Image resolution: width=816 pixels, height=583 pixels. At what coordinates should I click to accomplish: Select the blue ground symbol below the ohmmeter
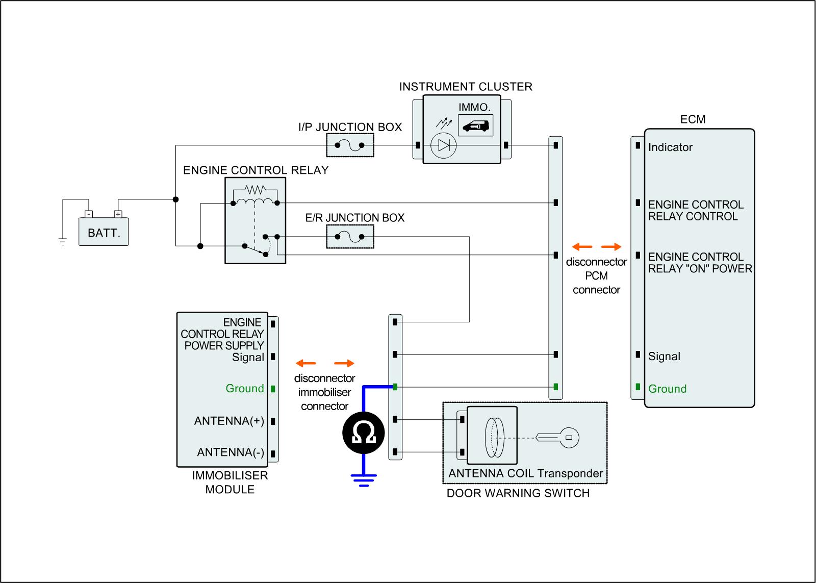tap(364, 480)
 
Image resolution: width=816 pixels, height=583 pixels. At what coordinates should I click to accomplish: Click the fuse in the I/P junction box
tap(349, 145)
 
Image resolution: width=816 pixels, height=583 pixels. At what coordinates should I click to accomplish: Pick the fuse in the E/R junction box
tap(349, 237)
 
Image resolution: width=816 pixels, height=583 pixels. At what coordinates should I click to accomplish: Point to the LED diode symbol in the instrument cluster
tap(443, 146)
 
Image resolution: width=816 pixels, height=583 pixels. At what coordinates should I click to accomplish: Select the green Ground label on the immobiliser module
tap(245, 389)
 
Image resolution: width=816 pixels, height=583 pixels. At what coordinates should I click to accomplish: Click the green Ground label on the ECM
tap(667, 389)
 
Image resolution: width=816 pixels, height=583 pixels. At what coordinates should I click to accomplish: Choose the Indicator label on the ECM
tap(670, 147)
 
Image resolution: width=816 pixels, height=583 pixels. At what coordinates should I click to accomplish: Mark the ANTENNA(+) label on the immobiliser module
tap(229, 421)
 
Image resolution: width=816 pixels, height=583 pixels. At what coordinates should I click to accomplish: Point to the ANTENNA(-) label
tap(231, 452)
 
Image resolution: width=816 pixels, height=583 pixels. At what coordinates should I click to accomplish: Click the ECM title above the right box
tap(693, 119)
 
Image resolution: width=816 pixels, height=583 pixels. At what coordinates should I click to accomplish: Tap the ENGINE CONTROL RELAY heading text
tap(256, 170)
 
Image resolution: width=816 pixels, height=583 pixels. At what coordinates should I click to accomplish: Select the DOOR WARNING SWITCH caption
tap(518, 493)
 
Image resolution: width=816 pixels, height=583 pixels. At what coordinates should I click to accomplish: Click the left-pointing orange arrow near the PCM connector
tap(581, 247)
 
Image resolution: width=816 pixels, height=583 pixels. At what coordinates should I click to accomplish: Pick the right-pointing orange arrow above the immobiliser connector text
tap(344, 364)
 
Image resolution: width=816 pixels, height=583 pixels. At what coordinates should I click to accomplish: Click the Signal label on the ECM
tap(664, 357)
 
